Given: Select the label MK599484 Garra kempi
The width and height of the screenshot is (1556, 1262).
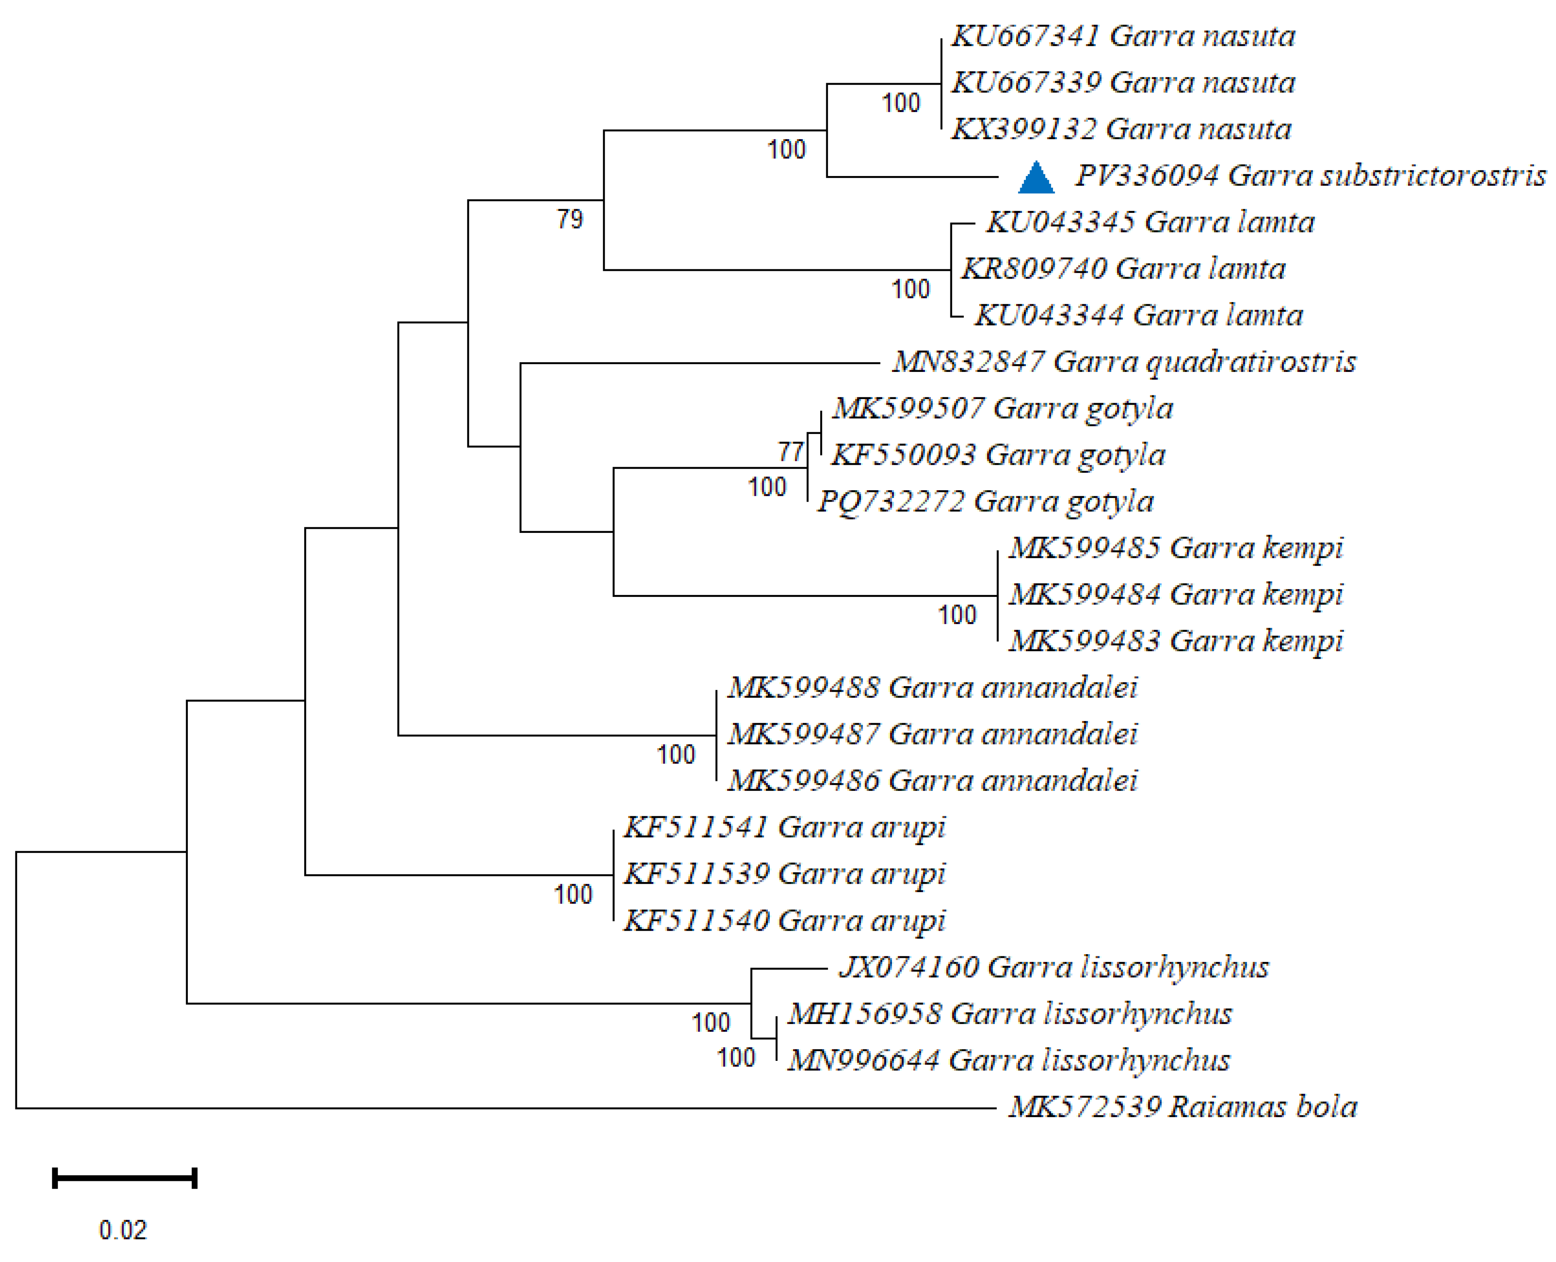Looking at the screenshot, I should [x=1175, y=595].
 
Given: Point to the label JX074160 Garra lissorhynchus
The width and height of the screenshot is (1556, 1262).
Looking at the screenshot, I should [x=1053, y=967].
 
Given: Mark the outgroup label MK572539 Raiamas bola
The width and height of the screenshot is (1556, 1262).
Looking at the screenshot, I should [x=1182, y=1106].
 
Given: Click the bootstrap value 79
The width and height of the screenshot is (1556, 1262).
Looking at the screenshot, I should [x=570, y=219].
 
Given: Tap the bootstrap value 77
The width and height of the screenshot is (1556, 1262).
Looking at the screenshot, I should [x=790, y=452].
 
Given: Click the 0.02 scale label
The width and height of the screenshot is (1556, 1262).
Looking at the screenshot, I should [x=123, y=1230].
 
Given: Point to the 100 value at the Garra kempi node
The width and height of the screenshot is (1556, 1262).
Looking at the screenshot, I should [x=957, y=616].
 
